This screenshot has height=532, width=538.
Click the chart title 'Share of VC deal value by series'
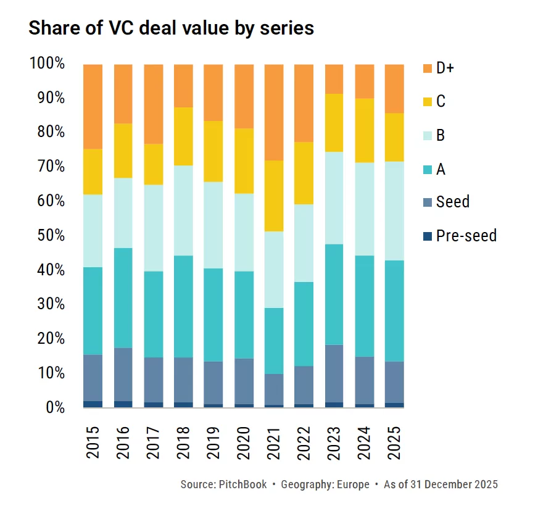tap(171, 28)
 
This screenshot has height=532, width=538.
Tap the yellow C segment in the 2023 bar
tap(334, 122)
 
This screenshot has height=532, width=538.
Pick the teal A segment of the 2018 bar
tap(183, 306)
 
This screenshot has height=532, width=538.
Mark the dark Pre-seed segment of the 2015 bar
tap(93, 404)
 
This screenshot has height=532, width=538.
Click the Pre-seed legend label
tap(466, 235)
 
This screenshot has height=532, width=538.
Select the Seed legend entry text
tap(452, 202)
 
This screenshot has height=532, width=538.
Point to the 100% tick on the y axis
tap(47, 64)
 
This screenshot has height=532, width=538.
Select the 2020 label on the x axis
tap(244, 442)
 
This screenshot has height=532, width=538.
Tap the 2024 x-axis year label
tap(365, 442)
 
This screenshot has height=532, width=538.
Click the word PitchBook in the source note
tap(242, 484)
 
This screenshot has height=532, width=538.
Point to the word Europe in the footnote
tap(352, 484)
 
